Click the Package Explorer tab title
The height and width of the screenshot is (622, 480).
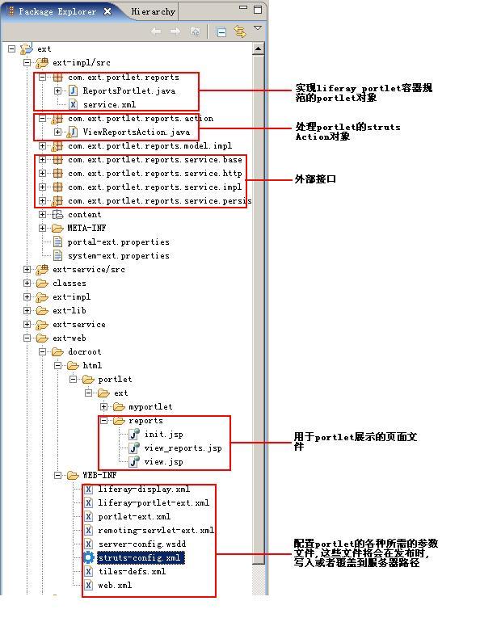tap(57, 11)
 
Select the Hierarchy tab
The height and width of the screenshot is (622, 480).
tap(153, 11)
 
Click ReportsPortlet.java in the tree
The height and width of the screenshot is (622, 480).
tap(129, 90)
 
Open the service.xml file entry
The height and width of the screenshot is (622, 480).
tap(109, 105)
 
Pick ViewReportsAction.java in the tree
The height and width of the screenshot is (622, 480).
tap(136, 132)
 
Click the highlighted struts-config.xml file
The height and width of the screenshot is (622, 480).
tap(139, 557)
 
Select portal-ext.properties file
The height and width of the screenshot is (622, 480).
tap(118, 242)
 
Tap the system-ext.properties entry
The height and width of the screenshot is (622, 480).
tap(118, 256)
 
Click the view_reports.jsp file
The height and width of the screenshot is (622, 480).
tap(183, 448)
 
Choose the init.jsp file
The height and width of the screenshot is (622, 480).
tap(163, 435)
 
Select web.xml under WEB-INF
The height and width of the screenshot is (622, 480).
tap(115, 585)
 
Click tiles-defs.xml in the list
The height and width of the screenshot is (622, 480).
tap(132, 572)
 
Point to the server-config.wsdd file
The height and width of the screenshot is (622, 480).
tap(142, 544)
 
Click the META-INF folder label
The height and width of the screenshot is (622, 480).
tap(86, 228)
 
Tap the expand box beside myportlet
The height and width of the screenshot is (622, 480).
tap(104, 406)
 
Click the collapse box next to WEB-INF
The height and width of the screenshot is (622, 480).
tap(58, 475)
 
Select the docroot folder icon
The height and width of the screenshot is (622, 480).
tap(58, 352)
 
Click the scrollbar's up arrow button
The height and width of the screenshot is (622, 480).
tap(259, 49)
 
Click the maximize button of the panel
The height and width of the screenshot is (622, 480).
tap(258, 10)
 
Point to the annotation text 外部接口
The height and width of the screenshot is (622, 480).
tap(315, 179)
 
